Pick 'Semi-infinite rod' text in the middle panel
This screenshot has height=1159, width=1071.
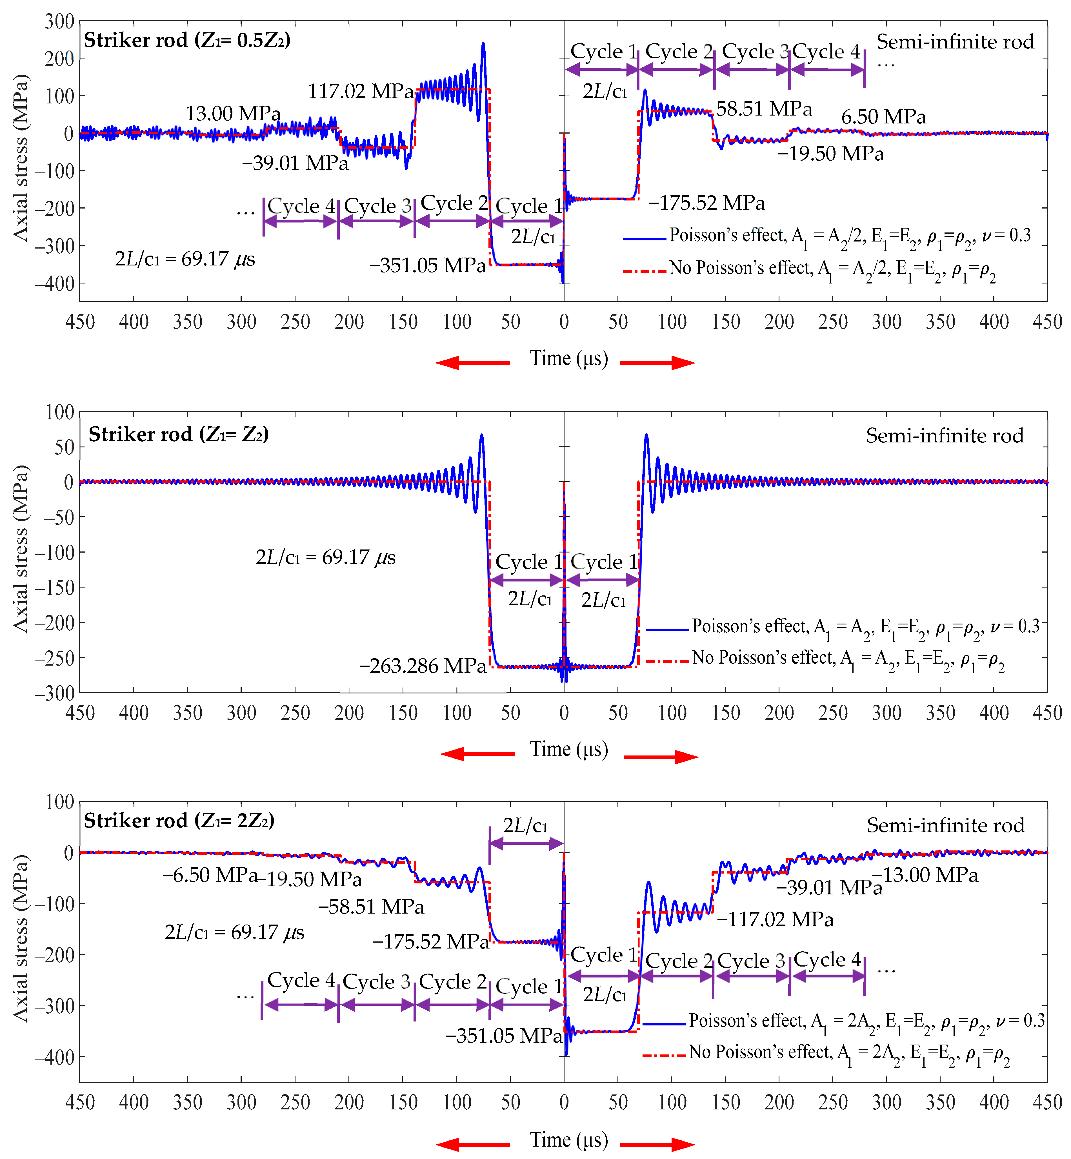coord(945,435)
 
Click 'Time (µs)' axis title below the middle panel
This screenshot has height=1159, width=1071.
coord(568,749)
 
